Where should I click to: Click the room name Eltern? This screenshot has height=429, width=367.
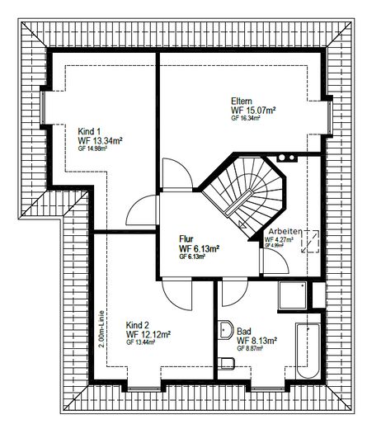coord(242,101)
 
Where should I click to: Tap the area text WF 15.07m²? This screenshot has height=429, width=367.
coord(253,111)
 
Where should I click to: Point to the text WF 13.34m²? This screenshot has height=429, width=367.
coord(100,141)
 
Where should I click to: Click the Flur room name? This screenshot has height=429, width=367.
coord(186,239)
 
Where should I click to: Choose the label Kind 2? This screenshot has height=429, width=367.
coord(137,325)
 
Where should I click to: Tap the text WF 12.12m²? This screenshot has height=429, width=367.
coord(148,334)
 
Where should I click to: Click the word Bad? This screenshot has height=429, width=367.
coord(244,331)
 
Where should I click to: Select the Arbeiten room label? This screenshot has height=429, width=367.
coord(285,231)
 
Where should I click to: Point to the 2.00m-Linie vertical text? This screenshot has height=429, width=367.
coord(101,329)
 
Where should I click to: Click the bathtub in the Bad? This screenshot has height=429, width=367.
coord(308,351)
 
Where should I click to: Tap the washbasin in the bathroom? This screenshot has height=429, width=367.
coord(226,330)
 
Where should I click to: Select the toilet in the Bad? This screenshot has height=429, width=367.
coord(227,364)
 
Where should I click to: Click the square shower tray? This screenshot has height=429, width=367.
coord(293,295)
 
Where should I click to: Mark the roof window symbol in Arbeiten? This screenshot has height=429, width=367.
coord(310,242)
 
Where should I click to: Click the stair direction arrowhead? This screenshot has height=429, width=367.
coord(242,224)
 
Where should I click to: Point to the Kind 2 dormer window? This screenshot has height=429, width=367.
coord(144,389)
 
